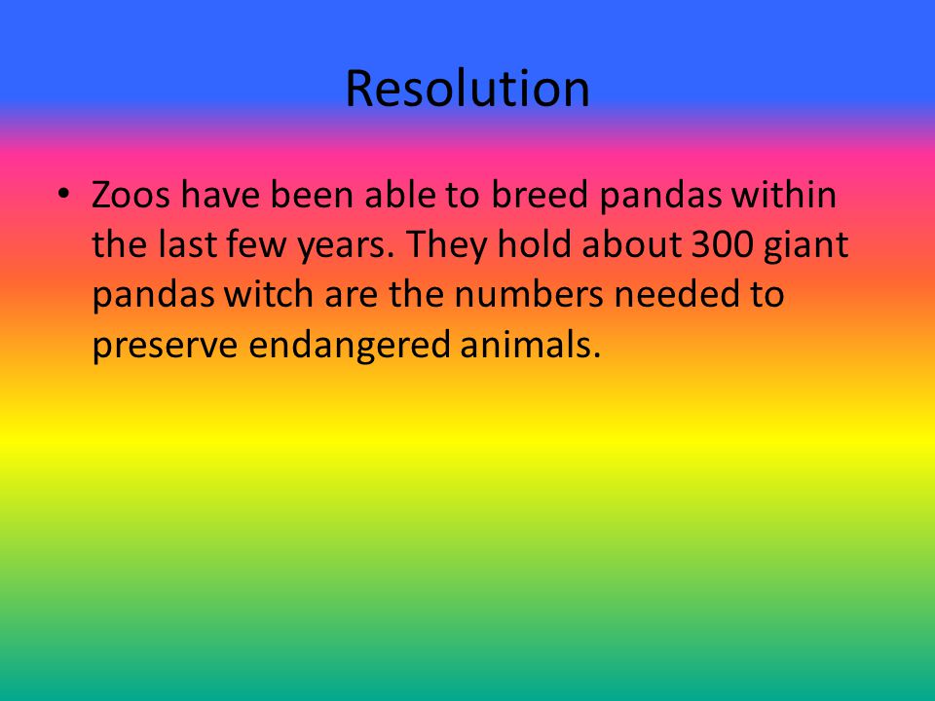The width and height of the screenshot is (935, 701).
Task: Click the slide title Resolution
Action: tap(467, 89)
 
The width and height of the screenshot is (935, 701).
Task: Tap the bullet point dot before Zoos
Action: tap(64, 194)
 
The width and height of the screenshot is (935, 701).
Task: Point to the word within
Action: tap(783, 195)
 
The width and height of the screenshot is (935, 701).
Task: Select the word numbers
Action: tap(529, 294)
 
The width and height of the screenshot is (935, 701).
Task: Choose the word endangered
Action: tap(349, 346)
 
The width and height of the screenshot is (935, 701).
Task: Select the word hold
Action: tap(535, 243)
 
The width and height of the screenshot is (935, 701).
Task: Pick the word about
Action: tap(631, 243)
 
